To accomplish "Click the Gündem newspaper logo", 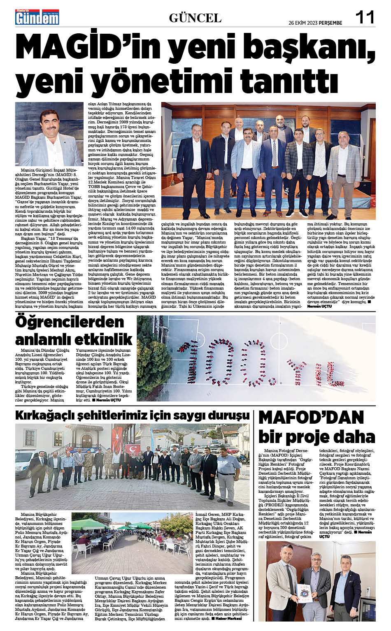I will pyautogui.click(x=37, y=17).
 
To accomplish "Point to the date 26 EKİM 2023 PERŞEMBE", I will pyautogui.click(x=315, y=23).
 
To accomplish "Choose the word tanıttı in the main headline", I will pyautogui.click(x=284, y=80).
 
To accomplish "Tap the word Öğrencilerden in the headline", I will pyautogui.click(x=70, y=322).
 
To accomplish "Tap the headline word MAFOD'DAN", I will pyautogui.click(x=311, y=417).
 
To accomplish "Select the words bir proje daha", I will pyautogui.click(x=317, y=436).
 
